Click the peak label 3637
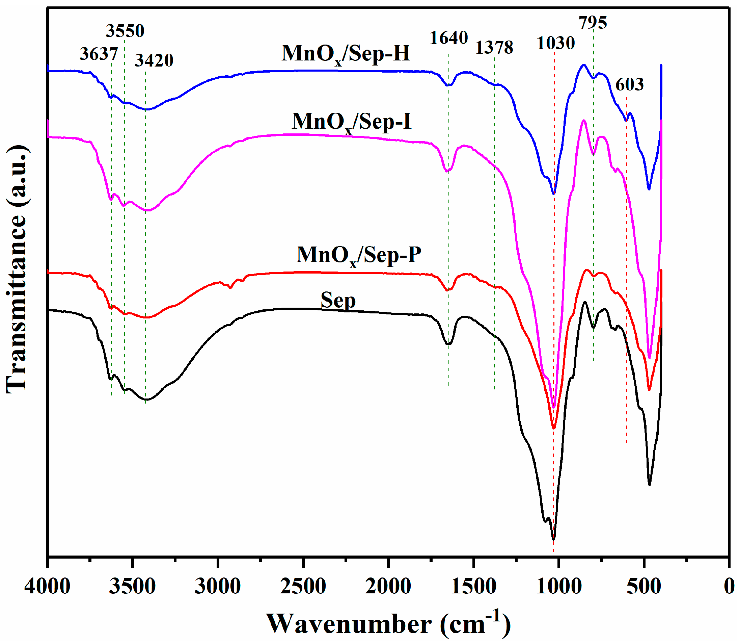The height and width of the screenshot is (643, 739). (99, 54)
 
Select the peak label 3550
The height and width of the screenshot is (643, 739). (125, 31)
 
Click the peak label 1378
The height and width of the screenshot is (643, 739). (494, 47)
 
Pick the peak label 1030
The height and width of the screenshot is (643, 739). (555, 44)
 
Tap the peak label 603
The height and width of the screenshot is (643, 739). (629, 84)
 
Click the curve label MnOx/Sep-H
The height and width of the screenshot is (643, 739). (346, 54)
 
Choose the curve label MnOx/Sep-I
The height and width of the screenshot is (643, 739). (351, 122)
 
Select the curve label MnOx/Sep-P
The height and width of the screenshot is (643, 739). (359, 255)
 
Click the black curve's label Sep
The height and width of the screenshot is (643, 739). (338, 300)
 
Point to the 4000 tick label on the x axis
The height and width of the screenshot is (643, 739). (47, 587)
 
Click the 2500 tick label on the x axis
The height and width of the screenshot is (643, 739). (303, 587)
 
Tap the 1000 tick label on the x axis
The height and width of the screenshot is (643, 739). (559, 587)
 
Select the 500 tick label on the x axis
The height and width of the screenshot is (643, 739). (644, 587)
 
